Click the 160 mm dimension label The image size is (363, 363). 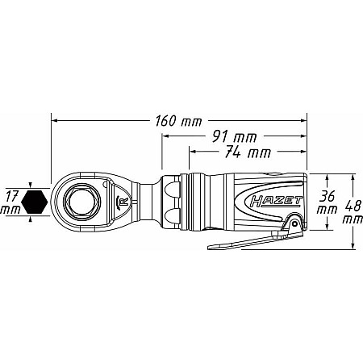pyautogui.click(x=178, y=121)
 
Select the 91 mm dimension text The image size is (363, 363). pyautogui.click(x=234, y=137)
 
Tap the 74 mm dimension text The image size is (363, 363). pyautogui.click(x=248, y=152)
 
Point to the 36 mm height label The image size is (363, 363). pyautogui.click(x=327, y=202)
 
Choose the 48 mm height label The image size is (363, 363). pyautogui.click(x=353, y=212)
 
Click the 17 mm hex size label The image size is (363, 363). pyautogui.click(x=10, y=202)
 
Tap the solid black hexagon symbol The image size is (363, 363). pyautogui.click(x=35, y=202)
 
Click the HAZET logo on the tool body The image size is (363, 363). pyautogui.click(x=276, y=202)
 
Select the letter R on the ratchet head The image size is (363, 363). pyautogui.click(x=125, y=202)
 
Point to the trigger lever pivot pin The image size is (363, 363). pyautogui.click(x=295, y=223)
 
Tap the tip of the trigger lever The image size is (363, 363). pyautogui.click(x=210, y=247)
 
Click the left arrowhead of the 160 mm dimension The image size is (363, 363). pyautogui.click(x=54, y=121)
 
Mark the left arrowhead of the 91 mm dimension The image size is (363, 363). pyautogui.click(x=165, y=136)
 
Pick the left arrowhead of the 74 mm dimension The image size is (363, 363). pyautogui.click(x=193, y=152)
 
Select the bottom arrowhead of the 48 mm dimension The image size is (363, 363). pyautogui.click(x=353, y=246)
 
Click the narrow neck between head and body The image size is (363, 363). pyautogui.click(x=148, y=202)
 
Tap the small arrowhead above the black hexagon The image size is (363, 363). pyautogui.click(x=31, y=185)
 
